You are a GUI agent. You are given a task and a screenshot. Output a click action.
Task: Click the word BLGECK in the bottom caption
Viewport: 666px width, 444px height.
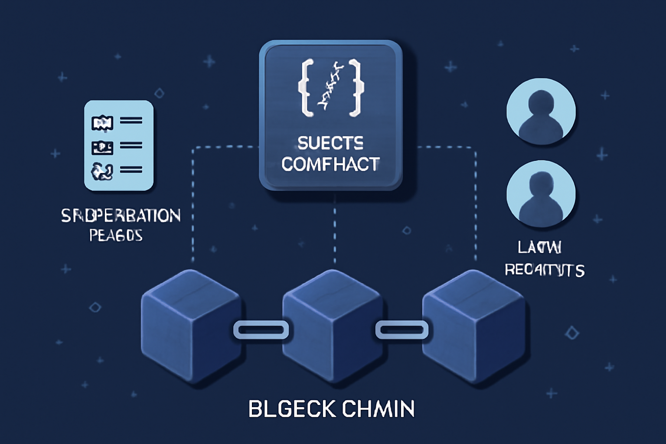click(291, 408)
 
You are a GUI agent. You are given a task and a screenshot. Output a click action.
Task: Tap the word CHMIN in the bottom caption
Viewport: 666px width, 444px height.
click(378, 408)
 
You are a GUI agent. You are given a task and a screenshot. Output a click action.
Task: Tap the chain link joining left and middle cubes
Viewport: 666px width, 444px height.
click(261, 330)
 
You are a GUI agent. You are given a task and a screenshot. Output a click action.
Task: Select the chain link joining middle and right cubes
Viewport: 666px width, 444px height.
click(402, 330)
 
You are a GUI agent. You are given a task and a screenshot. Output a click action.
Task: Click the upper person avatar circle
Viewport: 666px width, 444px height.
click(541, 111)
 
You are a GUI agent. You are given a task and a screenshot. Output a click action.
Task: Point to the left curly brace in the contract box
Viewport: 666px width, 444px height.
click(306, 88)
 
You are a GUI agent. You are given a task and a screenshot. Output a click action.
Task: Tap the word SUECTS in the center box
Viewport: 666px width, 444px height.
click(330, 143)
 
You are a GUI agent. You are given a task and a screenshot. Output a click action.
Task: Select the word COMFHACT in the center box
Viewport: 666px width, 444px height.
click(330, 164)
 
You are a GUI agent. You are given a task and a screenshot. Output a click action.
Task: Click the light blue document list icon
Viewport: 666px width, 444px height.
click(119, 145)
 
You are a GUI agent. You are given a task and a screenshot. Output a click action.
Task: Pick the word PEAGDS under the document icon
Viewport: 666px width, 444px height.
click(116, 235)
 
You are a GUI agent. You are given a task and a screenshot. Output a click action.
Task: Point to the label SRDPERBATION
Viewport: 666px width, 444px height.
click(121, 215)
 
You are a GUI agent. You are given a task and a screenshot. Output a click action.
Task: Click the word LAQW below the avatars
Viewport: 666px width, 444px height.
click(540, 248)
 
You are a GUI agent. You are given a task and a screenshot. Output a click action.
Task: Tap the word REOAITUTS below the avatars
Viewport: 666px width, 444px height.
click(545, 270)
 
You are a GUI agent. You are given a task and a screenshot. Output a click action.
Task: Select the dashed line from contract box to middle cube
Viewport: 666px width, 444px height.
click(334, 230)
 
